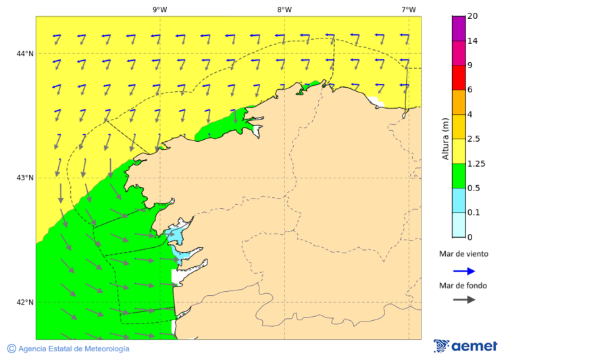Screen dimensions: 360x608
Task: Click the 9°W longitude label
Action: tap(159, 9)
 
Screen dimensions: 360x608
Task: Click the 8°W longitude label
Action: tap(284, 9)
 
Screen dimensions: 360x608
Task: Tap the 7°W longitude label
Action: tap(408, 9)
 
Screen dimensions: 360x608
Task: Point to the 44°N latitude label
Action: tap(25, 53)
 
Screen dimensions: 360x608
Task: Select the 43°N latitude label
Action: tap(25, 178)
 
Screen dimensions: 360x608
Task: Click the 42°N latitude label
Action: tap(25, 302)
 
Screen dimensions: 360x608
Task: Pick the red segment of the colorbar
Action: tap(459, 78)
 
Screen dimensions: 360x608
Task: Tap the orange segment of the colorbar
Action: tap(459, 102)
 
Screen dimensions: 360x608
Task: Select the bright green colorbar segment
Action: tap(459, 176)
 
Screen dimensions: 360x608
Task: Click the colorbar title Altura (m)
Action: tap(445, 138)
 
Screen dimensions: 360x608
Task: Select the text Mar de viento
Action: tap(463, 255)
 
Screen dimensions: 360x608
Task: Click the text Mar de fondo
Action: tap(463, 286)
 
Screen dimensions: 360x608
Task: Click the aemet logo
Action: tap(465, 346)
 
